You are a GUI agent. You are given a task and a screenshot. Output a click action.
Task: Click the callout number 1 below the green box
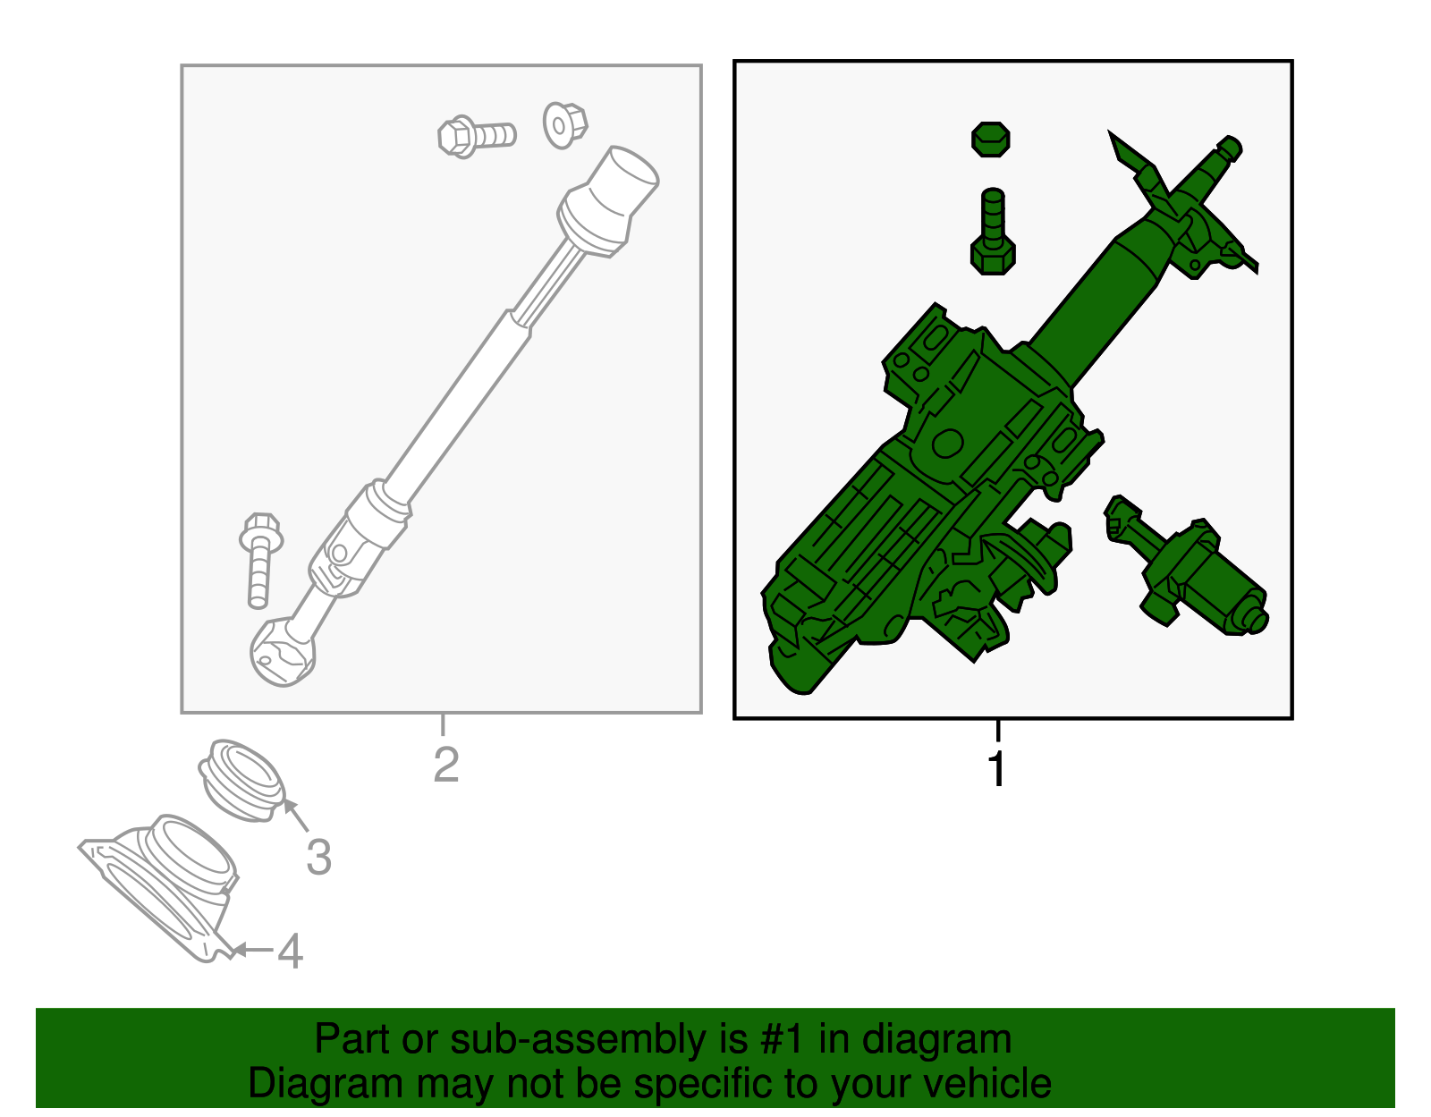coord(996,769)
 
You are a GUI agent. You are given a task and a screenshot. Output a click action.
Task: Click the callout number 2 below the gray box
coord(445,765)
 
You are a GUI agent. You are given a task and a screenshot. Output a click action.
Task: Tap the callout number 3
coord(318,857)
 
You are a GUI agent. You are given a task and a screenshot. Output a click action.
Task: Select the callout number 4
coord(290,951)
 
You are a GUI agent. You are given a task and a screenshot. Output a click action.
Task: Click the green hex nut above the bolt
coord(991,140)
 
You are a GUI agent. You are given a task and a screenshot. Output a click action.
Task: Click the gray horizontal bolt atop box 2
coord(476,136)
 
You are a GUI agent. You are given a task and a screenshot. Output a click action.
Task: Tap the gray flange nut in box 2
coord(564,124)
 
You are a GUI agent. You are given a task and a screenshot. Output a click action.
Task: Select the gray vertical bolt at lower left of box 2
coord(260,558)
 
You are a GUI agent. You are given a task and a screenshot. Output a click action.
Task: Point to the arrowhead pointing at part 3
coord(289,806)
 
